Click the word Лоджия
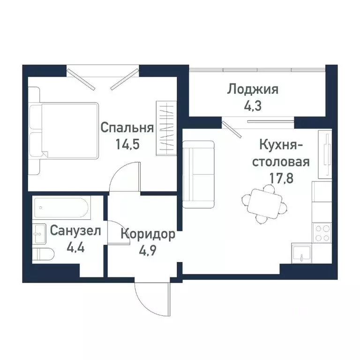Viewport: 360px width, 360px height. [x=253, y=89]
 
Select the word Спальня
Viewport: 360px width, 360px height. [x=127, y=127]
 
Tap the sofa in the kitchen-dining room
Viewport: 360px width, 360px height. [x=198, y=173]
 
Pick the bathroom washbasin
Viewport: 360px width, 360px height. [x=39, y=233]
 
